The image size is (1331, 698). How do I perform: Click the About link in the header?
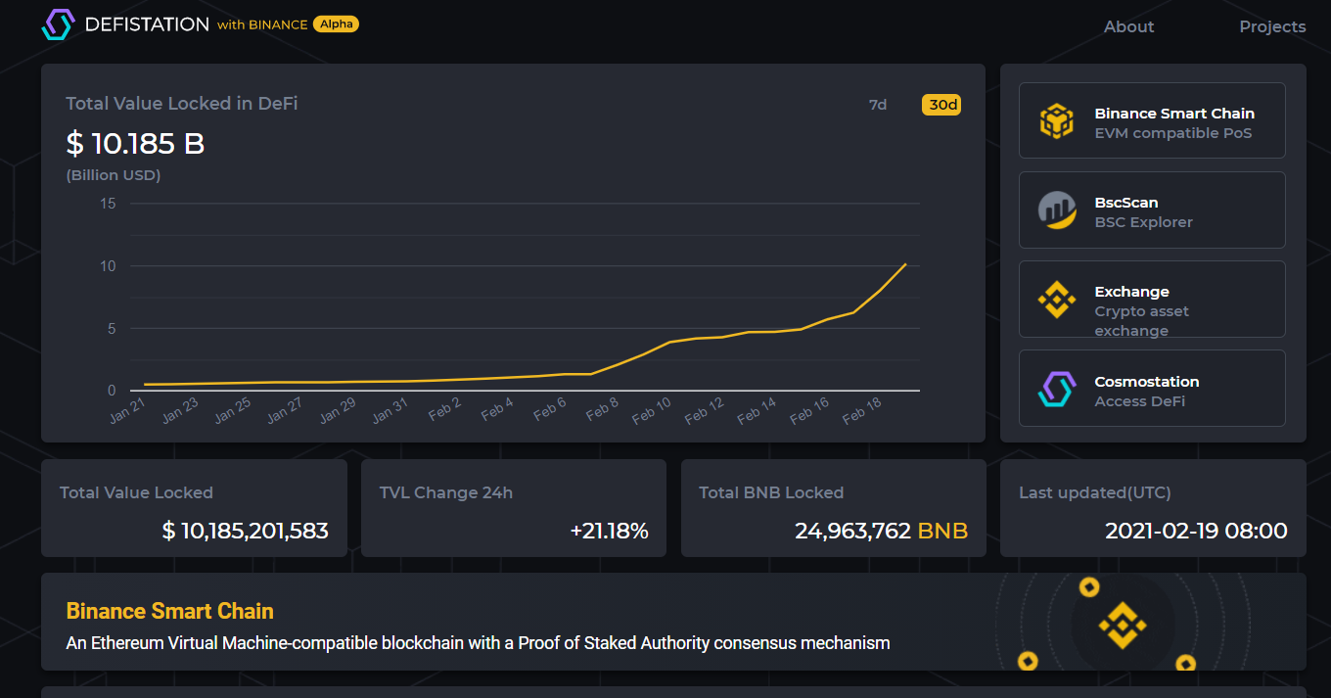point(1128,26)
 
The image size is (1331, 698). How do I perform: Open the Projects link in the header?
point(1272,26)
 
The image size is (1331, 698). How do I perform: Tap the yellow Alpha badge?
point(336,24)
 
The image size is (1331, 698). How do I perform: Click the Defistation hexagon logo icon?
point(58,24)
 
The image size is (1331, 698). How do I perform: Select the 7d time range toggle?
point(878,105)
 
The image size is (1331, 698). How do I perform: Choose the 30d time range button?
point(941,105)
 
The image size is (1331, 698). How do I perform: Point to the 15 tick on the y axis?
point(108,204)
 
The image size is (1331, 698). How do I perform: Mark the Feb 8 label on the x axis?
point(602,410)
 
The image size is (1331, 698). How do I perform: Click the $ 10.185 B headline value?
point(135,144)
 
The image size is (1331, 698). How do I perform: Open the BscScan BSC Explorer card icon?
point(1057,209)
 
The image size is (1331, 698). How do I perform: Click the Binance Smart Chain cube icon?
point(1057,121)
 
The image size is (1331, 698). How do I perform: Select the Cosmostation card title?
point(1146,382)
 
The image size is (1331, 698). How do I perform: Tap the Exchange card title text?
point(1131,292)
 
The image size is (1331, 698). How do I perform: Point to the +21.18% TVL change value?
point(609,532)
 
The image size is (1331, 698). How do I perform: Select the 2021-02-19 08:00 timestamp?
point(1196,532)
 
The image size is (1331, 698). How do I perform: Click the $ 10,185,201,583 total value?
point(245,532)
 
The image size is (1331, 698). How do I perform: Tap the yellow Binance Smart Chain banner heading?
point(169,611)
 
